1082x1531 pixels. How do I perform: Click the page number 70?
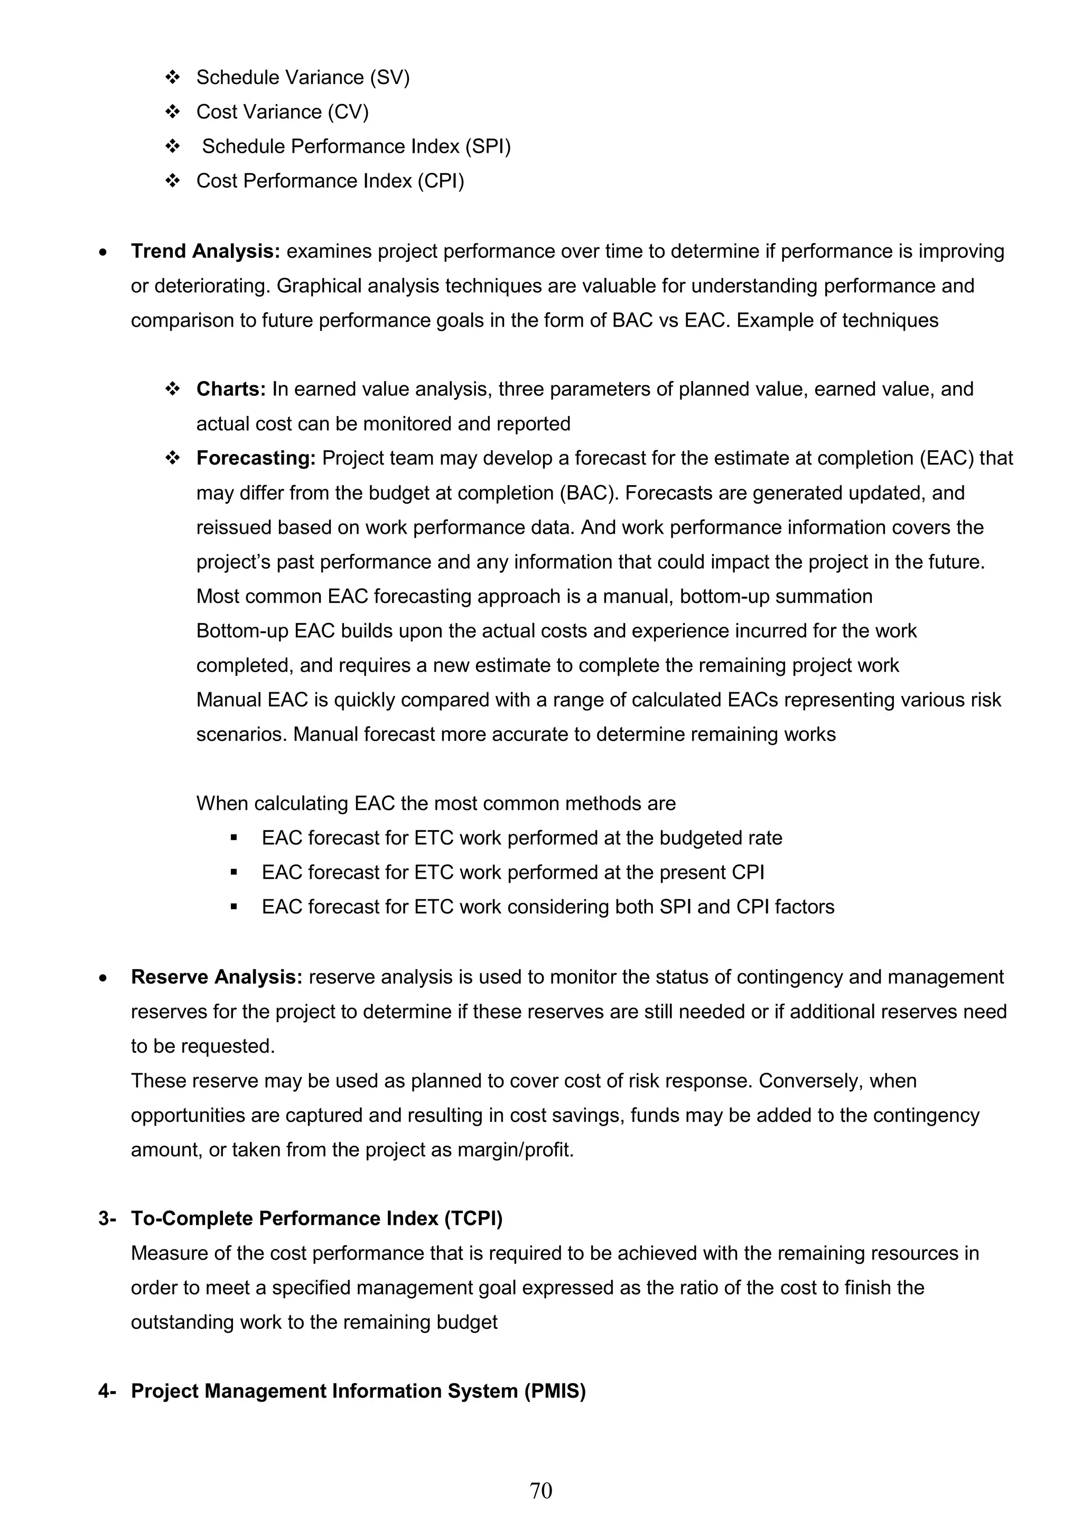click(x=540, y=1490)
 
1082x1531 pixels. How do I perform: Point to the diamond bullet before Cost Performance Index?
click(x=173, y=181)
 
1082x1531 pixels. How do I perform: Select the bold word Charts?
click(x=231, y=389)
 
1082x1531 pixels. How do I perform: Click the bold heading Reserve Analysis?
click(x=217, y=977)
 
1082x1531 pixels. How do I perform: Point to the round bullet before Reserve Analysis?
click(x=102, y=978)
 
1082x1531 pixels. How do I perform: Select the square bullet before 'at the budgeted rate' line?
click(x=234, y=838)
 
